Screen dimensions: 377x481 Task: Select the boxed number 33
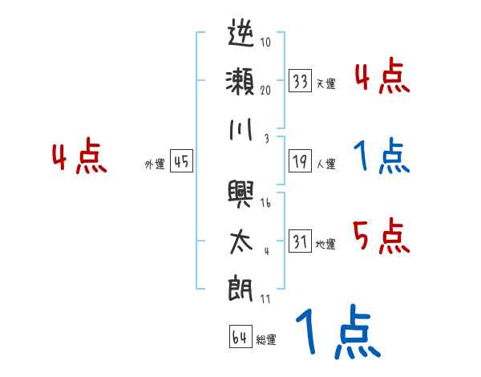tap(301, 81)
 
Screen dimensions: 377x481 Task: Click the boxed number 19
tap(301, 162)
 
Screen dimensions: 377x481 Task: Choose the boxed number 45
tap(181, 162)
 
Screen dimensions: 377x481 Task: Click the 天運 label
tap(326, 83)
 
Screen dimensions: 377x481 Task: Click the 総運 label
tap(265, 339)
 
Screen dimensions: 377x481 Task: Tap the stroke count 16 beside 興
tap(265, 203)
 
